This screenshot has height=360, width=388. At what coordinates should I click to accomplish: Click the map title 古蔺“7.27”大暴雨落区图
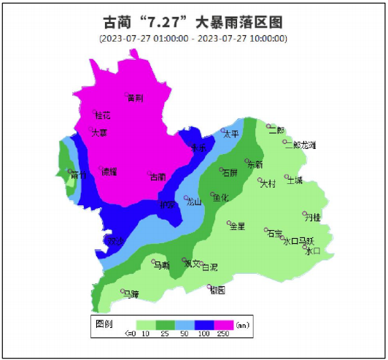(193, 21)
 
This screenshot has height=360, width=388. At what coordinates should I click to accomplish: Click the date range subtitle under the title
(193, 39)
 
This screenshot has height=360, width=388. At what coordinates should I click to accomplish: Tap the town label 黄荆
(135, 98)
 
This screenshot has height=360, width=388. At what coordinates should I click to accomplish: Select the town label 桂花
(103, 115)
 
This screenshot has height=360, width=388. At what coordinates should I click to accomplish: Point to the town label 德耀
(109, 172)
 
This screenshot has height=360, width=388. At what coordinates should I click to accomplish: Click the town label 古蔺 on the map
(158, 177)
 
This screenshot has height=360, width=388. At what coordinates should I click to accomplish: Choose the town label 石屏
(229, 173)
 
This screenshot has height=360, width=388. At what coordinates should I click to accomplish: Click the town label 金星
(237, 226)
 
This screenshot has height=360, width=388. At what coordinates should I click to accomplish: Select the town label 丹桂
(312, 217)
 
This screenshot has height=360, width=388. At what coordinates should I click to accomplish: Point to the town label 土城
(294, 180)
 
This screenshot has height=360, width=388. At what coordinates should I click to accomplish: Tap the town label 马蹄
(131, 294)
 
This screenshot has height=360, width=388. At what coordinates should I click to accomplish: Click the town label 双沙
(116, 241)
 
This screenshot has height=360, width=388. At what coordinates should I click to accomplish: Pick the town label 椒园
(217, 291)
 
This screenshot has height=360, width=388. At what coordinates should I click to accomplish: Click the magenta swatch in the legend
(222, 323)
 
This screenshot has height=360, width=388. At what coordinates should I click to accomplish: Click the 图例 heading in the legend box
(104, 322)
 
